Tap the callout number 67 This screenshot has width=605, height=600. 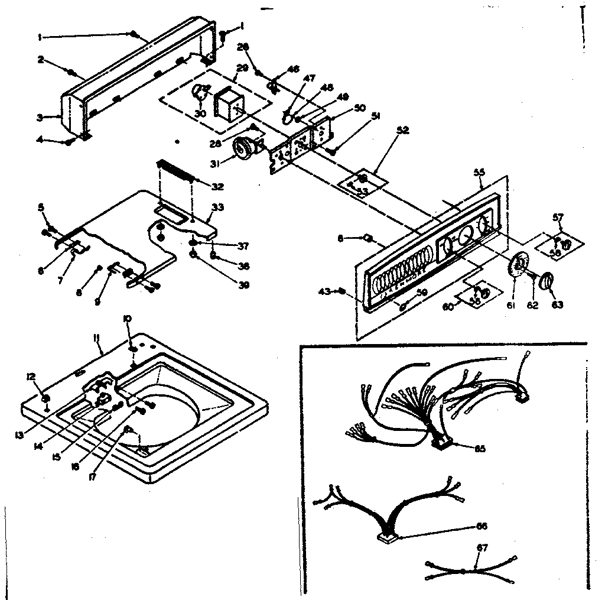482,548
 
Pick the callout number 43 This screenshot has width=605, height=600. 324,291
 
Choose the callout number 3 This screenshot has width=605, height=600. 40,117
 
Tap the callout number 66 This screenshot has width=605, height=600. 482,526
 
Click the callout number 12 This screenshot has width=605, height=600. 31,376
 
